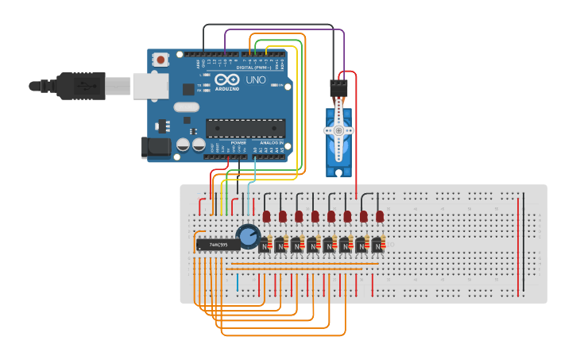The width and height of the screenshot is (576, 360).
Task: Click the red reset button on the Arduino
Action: pos(161,59)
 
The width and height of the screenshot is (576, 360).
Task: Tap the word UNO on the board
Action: pos(256,79)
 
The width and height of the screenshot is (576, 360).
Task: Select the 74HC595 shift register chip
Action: pos(217,245)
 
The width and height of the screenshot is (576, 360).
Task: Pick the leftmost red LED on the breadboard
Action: pos(266,215)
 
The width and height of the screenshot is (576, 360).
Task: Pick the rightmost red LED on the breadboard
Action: pos(380,215)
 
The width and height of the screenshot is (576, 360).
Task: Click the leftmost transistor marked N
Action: pos(264,246)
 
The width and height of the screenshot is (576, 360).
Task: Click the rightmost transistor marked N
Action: pos(377,246)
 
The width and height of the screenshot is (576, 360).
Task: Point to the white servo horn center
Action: pos(338,130)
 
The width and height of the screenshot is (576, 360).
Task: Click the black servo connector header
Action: pos(339,87)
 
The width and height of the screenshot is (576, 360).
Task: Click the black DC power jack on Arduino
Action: pos(154,146)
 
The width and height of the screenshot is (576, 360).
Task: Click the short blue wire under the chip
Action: pos(237,282)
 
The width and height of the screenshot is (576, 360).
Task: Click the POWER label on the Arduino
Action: pos(238,142)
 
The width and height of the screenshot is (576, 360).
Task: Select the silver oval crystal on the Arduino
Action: pos(186,106)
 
